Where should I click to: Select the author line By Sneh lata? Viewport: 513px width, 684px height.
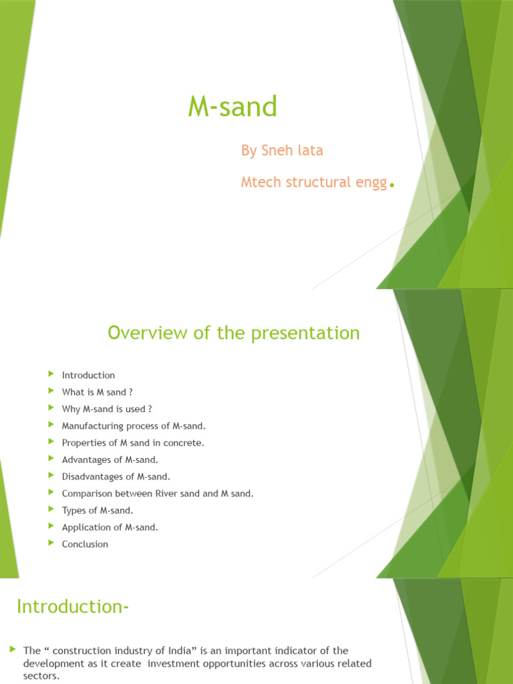tap(282, 151)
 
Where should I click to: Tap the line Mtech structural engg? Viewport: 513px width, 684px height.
tap(314, 182)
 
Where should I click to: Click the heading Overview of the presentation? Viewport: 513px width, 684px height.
tap(234, 333)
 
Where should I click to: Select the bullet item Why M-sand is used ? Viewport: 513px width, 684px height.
tap(107, 409)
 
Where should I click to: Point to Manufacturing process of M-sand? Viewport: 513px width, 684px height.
tap(134, 425)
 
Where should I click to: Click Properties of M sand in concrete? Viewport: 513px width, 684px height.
tap(133, 442)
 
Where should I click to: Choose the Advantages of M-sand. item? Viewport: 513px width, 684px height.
tap(110, 460)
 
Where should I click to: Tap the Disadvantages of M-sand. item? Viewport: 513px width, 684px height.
tap(116, 476)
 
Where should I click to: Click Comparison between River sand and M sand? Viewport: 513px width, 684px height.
tap(158, 494)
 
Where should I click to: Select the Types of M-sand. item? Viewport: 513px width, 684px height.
tap(98, 510)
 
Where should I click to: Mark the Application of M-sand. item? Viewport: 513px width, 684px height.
tap(110, 527)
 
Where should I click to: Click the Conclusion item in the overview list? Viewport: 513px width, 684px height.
tap(85, 544)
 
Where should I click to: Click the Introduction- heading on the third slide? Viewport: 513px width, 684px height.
tap(72, 607)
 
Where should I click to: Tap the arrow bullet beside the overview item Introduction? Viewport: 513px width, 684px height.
tap(51, 374)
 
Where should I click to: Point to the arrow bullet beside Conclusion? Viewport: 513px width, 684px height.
tap(51, 543)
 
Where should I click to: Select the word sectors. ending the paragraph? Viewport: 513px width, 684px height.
tap(41, 676)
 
